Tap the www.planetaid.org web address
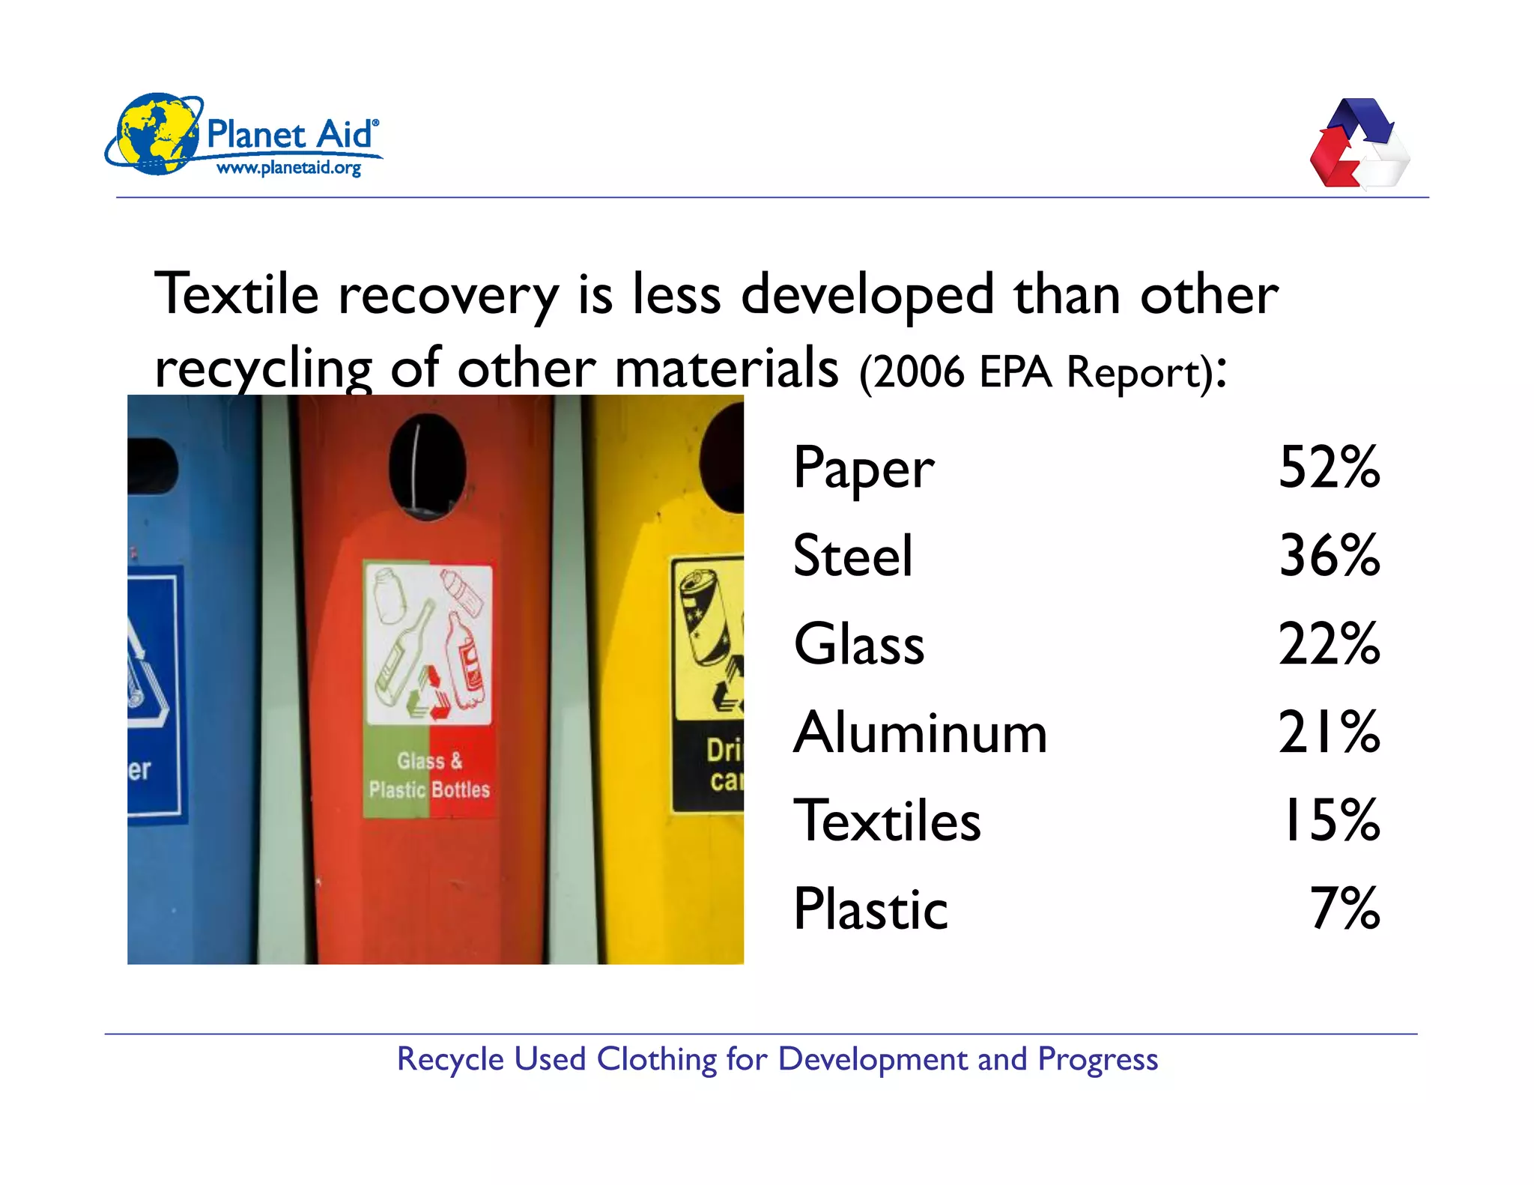coord(288,168)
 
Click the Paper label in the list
coord(864,468)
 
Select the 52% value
coord(1329,468)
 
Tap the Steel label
coord(853,557)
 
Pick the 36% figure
coord(1329,557)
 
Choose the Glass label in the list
coord(859,645)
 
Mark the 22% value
coord(1329,645)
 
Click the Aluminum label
coord(921,733)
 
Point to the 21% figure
coord(1329,733)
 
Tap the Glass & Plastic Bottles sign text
coord(429,776)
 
